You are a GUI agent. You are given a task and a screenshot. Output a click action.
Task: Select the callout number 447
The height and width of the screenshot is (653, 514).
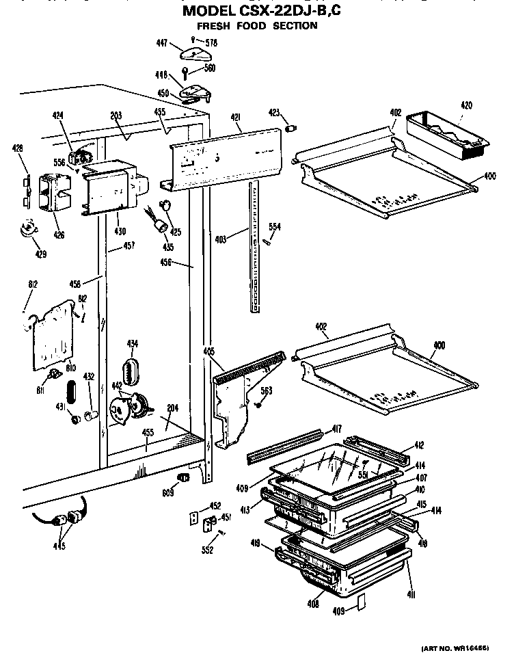(x=162, y=43)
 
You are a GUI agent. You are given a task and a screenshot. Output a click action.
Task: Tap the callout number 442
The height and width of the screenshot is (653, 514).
(x=117, y=386)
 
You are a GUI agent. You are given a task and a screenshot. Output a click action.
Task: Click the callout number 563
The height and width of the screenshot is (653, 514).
(x=267, y=392)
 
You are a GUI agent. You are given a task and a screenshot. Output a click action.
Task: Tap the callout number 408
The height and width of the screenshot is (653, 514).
(x=314, y=603)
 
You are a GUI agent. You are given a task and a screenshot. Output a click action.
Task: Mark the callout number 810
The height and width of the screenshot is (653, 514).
(x=70, y=368)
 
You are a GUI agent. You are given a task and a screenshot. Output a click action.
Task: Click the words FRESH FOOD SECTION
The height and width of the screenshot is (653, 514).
(x=257, y=26)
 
